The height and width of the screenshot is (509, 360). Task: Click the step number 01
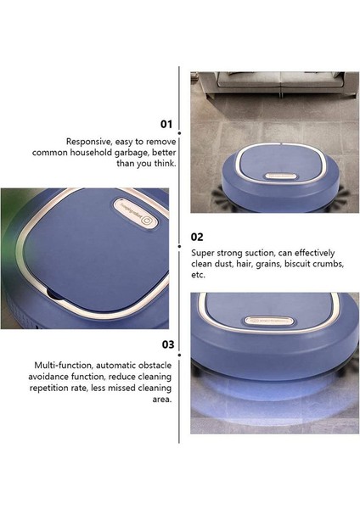[x=166, y=124]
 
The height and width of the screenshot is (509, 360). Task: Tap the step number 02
[x=197, y=237]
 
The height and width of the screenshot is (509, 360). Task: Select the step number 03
[x=168, y=344]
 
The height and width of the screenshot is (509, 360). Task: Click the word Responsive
[x=87, y=142]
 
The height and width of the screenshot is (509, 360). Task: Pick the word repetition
[x=48, y=388]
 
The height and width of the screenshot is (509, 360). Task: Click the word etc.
[x=198, y=275]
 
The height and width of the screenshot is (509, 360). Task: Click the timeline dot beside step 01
[x=179, y=133]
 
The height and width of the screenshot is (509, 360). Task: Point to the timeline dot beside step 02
[x=179, y=247]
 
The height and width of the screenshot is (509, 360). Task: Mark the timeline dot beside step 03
[x=179, y=355]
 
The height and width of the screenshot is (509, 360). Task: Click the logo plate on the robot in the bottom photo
[x=268, y=321]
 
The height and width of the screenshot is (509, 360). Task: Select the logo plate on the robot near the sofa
[x=281, y=176]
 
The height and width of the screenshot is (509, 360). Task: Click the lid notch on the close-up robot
[x=53, y=294]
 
